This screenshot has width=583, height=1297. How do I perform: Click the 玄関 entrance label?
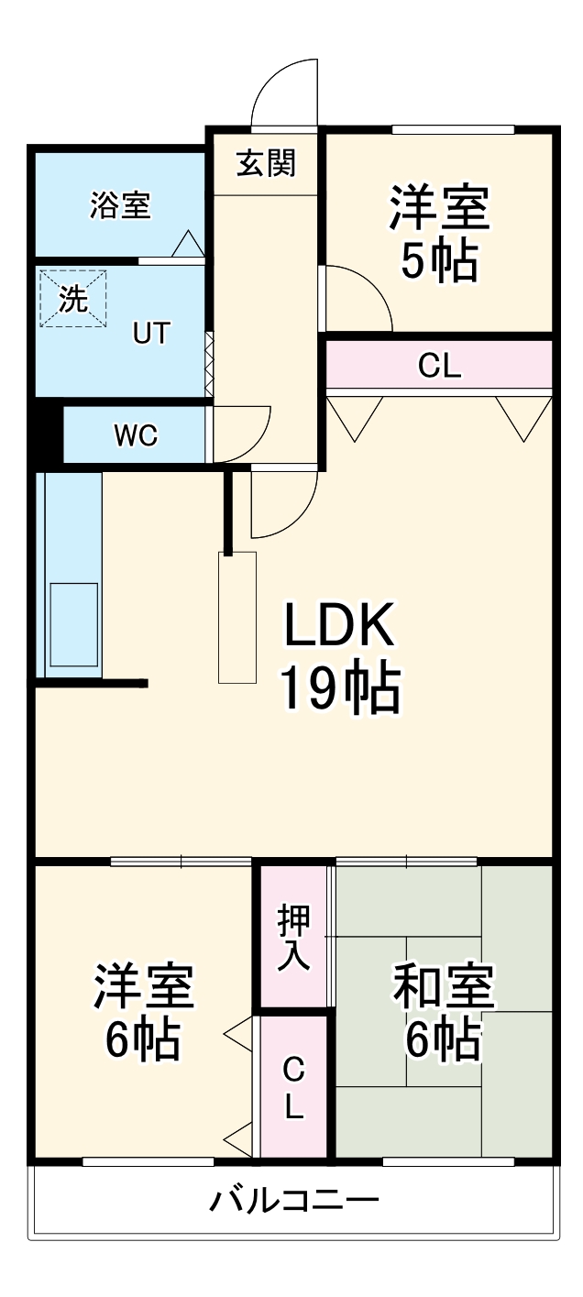point(267,165)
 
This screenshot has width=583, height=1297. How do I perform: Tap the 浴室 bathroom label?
point(120,205)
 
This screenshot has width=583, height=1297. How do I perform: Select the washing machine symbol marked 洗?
point(73,298)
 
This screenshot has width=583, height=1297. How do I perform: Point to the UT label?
point(151,334)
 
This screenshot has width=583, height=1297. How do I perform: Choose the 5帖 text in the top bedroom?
point(439,263)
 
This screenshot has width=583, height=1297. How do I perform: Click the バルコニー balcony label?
point(293,1200)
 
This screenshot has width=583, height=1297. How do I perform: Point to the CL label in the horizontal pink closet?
point(439,367)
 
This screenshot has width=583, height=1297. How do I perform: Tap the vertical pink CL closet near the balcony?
point(293,1088)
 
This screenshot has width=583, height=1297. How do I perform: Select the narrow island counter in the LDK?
point(237,617)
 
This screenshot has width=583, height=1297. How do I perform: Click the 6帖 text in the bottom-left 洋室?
point(143,1039)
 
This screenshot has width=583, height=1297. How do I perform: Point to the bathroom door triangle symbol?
point(189,244)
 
